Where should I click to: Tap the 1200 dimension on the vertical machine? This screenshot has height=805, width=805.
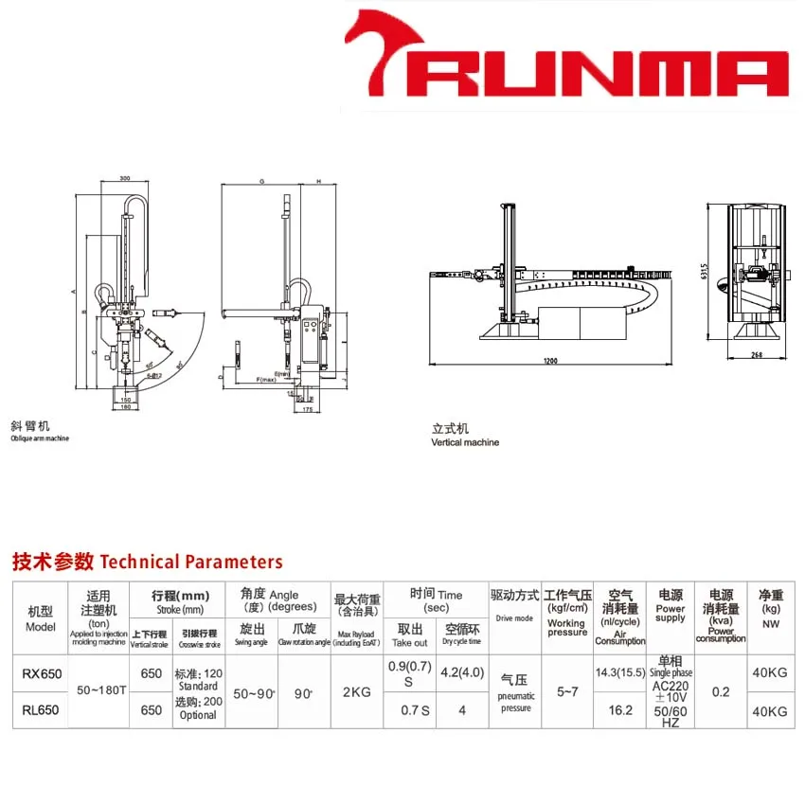coord(550,362)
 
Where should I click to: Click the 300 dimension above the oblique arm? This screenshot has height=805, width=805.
coord(125,178)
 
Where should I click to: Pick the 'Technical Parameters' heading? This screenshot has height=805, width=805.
coord(147,562)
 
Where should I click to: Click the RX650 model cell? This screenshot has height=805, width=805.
coord(40,674)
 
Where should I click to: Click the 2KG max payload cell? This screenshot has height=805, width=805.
coord(357,692)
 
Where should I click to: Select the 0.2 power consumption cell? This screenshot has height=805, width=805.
coord(721,692)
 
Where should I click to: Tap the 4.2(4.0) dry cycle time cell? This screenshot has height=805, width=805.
coord(461,674)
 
